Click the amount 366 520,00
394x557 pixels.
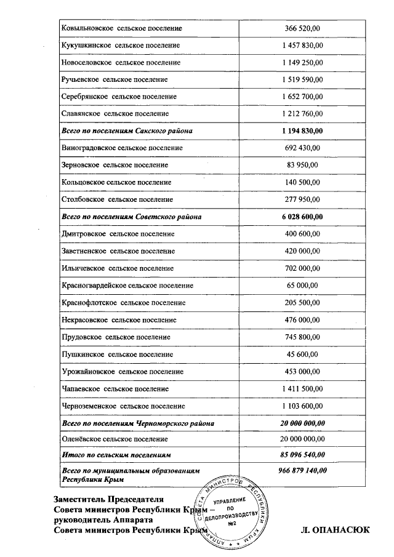[302, 28]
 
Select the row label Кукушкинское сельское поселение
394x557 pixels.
[121, 46]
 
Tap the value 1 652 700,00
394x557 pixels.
[302, 97]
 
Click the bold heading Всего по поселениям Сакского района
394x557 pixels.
[127, 131]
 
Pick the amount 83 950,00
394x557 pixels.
[302, 165]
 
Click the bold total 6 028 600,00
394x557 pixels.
[302, 217]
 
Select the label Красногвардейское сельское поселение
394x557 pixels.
[127, 286]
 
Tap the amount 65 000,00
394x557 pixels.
[302, 286]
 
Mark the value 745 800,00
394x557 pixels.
[302, 337]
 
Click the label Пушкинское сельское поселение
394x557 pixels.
[117, 354]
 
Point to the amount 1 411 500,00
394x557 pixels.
[302, 388]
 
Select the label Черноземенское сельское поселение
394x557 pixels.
[123, 406]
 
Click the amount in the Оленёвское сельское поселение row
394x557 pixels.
[302, 438]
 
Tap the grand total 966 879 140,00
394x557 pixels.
[302, 471]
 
